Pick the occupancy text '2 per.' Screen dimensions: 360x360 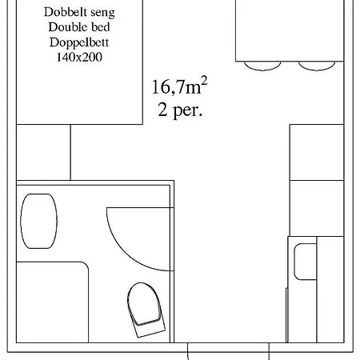click(181, 109)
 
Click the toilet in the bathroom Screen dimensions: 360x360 click(143, 306)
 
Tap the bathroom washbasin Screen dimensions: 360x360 click(38, 220)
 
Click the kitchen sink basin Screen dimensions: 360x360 click(305, 262)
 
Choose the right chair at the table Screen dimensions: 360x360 click(314, 65)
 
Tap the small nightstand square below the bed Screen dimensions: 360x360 click(44, 152)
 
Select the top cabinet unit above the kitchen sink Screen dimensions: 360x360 click(316, 152)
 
